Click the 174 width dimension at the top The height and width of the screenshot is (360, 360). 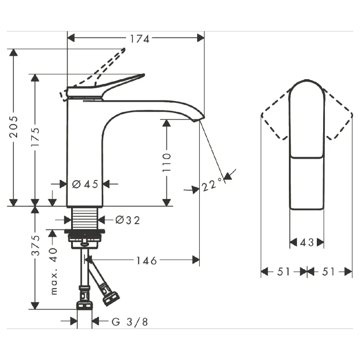click(x=139, y=39)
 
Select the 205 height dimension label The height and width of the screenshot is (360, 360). click(x=13, y=127)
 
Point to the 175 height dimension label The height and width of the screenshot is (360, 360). click(x=36, y=137)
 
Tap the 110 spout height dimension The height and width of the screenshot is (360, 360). click(x=166, y=162)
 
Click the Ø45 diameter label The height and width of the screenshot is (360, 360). click(x=85, y=184)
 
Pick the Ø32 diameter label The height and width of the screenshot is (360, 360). click(x=128, y=220)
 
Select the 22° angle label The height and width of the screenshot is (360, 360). click(x=212, y=184)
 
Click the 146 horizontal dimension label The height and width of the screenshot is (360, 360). click(x=147, y=261)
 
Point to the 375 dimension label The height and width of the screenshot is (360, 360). click(x=36, y=245)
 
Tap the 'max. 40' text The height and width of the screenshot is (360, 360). click(x=53, y=271)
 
